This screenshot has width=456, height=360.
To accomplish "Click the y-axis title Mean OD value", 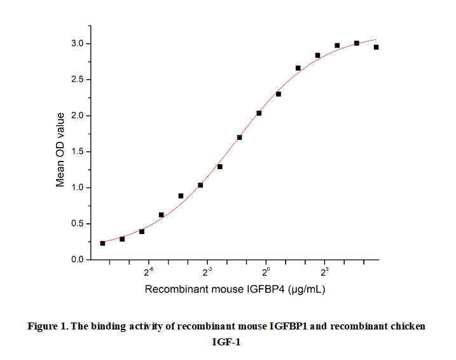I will click(x=60, y=149).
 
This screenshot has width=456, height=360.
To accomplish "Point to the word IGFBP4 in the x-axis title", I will click(x=266, y=289).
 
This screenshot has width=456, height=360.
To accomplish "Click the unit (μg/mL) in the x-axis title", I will click(x=308, y=289).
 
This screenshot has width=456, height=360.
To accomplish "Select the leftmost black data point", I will click(x=102, y=243).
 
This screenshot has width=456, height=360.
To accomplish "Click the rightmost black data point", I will click(x=377, y=47).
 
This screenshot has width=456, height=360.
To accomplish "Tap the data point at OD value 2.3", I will click(x=279, y=94).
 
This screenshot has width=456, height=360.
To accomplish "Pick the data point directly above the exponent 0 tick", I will click(x=259, y=113).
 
